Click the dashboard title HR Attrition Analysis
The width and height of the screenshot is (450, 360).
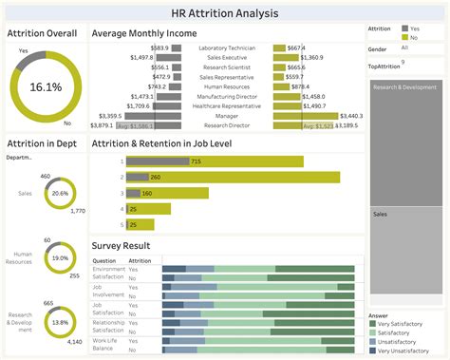pos(225,11)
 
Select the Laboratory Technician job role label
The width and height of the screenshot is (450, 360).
pos(227,47)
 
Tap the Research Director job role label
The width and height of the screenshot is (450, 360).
pos(227,125)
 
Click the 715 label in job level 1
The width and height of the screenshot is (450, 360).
pos(196,161)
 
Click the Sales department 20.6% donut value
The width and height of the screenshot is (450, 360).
pos(61,193)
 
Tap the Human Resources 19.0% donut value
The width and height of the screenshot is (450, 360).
pos(60,257)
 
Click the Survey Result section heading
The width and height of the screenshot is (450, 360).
pos(122,244)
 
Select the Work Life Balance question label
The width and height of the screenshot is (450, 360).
pos(104,343)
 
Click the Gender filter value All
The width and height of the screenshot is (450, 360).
pos(405,47)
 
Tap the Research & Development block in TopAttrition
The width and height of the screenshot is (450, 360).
pos(403,87)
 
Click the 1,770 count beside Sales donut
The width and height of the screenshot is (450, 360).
pos(78,211)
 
